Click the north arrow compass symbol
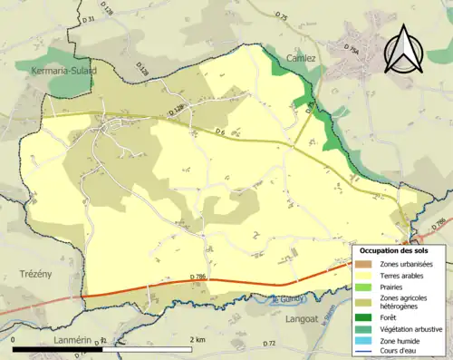coord(403,50)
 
